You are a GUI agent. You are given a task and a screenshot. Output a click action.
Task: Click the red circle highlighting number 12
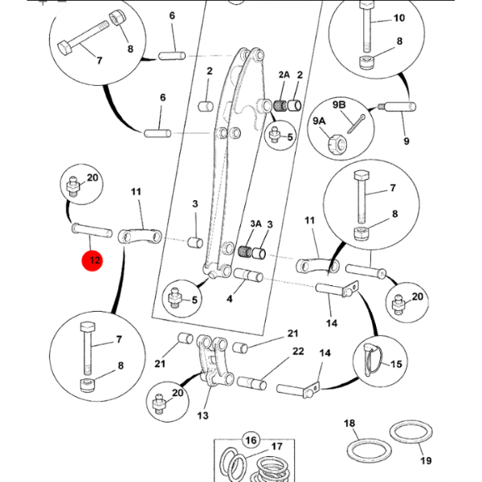coord(94,260)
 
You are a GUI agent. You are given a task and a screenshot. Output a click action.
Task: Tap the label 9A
coord(319,121)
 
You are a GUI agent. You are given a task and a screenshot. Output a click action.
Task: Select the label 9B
coord(338,104)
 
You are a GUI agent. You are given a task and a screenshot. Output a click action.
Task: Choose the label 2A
coord(284,75)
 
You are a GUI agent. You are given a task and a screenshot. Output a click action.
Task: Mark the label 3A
coord(255,225)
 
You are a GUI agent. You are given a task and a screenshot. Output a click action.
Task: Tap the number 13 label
coord(202,415)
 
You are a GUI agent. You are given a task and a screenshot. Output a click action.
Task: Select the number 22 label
coord(297,351)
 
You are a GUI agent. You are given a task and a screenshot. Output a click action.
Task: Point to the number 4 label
coord(230,300)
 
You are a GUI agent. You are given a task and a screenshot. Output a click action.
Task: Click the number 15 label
coord(396,364)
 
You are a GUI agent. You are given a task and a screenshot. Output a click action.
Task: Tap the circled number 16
coord(251,440)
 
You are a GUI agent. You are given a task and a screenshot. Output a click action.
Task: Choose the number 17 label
coord(276,447)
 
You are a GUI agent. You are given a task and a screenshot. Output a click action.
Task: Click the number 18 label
coord(349,423)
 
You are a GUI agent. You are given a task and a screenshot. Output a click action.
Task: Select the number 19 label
coord(425,460)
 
